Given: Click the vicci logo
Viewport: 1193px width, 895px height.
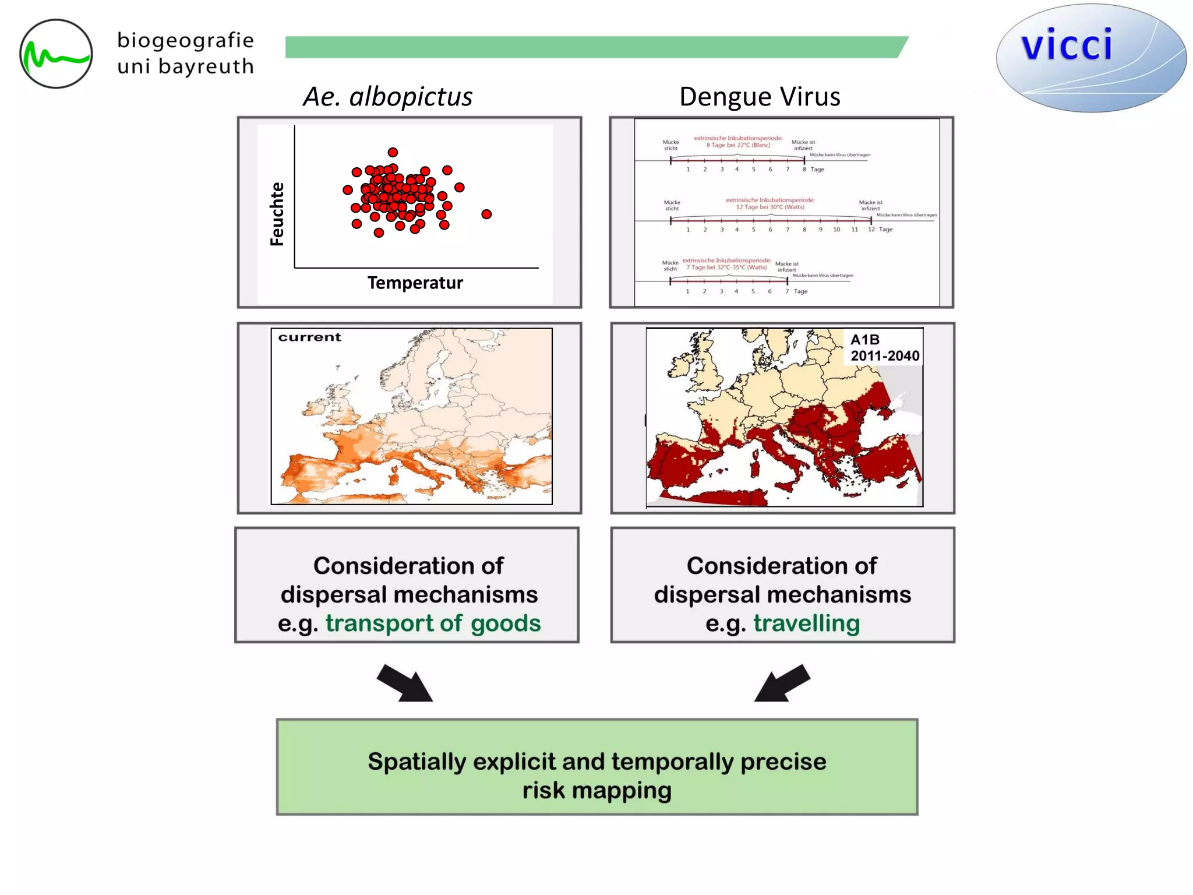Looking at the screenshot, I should [1090, 57].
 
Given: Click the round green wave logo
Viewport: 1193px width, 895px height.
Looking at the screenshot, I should [56, 54].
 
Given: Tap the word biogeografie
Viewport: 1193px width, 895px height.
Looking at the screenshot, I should [185, 40].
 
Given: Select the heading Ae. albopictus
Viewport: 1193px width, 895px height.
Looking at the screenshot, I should [387, 97].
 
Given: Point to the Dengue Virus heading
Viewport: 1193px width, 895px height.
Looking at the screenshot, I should [760, 97].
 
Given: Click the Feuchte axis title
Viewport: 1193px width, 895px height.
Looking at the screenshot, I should [277, 214].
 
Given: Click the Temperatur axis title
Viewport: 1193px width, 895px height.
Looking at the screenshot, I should [415, 283].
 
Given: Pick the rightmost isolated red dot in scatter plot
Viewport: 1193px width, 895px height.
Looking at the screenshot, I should [486, 214].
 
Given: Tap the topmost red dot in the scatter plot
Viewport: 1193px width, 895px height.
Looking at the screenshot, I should [393, 152].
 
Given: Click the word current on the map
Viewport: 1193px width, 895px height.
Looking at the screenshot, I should [309, 337].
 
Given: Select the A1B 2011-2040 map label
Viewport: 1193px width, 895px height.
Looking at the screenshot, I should [884, 348].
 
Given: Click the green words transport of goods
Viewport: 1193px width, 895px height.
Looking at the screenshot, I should [433, 623].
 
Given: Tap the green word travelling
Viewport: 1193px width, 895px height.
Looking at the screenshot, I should [806, 623].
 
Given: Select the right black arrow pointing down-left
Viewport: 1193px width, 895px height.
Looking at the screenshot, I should [782, 683].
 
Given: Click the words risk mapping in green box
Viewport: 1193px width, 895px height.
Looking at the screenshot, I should [596, 791].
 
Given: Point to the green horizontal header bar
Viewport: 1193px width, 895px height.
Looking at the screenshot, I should [594, 47].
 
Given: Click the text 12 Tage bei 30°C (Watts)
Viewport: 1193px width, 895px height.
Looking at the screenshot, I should [770, 207].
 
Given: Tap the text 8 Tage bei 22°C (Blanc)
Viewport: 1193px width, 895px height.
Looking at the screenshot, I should [737, 145].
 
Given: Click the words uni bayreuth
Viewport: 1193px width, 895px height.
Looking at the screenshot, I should [185, 67].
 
